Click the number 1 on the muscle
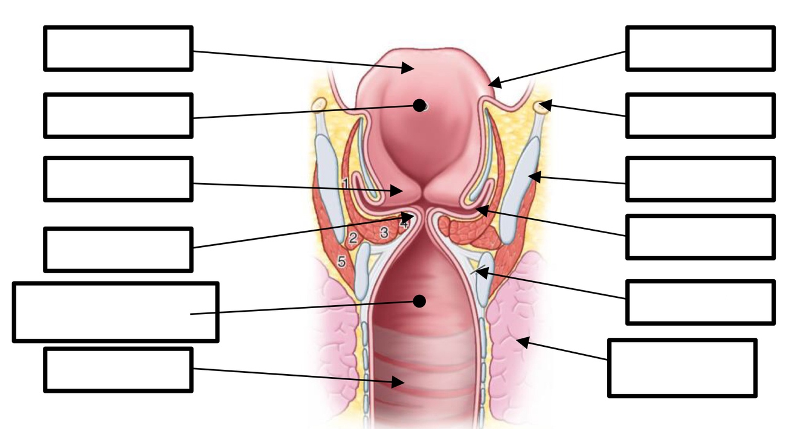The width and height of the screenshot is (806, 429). coord(345,182)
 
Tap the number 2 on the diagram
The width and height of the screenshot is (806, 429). coord(353,237)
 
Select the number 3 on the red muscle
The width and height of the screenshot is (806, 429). coord(383,232)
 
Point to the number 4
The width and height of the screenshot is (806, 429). coord(404,223)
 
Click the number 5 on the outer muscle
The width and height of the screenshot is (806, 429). coord(341,262)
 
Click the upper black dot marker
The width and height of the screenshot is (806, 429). coord(419,105)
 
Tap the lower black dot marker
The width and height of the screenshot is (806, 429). coord(419,300)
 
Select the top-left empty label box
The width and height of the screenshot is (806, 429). coord(118,48)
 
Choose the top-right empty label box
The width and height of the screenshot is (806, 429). coord(700,48)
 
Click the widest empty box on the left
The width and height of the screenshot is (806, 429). coord(115,312)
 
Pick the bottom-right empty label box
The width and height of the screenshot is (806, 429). coord(682,368)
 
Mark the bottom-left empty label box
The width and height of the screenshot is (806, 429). coord(118,369)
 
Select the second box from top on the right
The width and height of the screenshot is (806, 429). coord(700,115)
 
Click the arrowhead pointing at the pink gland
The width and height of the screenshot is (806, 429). coord(521,342)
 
